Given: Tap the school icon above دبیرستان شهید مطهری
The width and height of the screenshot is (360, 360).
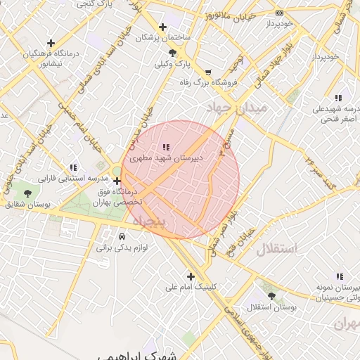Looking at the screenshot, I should click(166, 147).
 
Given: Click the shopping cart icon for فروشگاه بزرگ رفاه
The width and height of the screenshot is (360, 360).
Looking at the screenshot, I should click(207, 72).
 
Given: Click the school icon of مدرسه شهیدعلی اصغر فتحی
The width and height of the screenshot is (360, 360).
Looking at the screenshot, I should click(338, 98).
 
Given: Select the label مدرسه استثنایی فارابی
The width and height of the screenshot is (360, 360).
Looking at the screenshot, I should click(44, 179).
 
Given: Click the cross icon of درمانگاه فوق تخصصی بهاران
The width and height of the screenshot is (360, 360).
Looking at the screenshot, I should click(117, 181).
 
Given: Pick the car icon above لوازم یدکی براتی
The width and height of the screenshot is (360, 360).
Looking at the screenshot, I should click(122, 236).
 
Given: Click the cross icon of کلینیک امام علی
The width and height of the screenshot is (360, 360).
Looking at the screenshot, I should click(191, 276).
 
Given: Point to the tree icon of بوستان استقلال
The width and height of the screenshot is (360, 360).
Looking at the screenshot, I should click(272, 297).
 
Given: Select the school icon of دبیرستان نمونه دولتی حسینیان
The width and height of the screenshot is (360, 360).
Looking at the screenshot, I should click(340, 277).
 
